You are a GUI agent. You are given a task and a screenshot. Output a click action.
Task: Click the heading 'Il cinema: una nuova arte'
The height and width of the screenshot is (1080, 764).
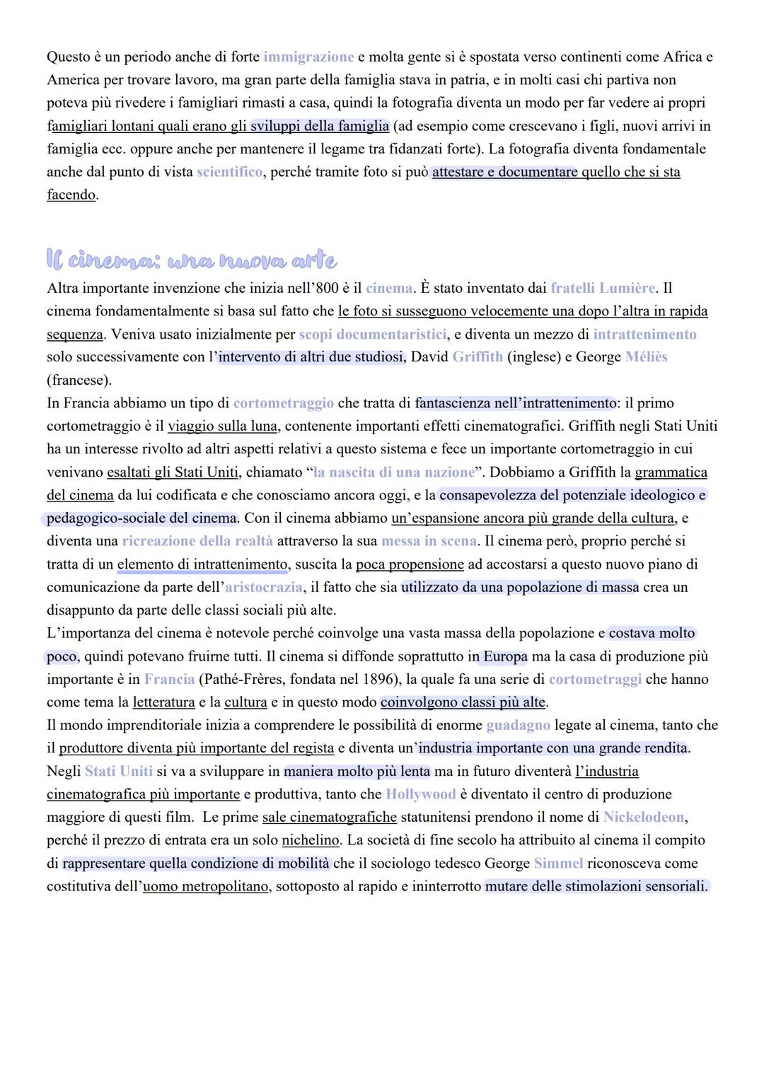pos(191,260)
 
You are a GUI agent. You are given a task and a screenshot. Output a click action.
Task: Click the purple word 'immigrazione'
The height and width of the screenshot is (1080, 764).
pos(308,57)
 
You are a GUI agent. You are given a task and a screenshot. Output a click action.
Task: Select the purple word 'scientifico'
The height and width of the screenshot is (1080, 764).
pos(229,172)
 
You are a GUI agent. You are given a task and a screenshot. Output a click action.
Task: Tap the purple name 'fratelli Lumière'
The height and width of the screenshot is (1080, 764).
pos(603,288)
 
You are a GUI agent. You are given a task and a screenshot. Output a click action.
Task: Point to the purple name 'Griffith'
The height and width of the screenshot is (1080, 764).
pos(477,357)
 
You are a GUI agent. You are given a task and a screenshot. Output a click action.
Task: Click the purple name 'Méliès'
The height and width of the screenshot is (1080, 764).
pos(646,357)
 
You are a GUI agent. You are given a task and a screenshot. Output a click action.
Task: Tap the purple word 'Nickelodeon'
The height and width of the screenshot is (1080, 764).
pos(644,818)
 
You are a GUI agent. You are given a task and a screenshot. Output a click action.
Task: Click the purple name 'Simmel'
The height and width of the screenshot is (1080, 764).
pos(558,864)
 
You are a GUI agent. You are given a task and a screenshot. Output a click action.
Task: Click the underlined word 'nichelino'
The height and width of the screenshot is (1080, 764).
pos(310,840)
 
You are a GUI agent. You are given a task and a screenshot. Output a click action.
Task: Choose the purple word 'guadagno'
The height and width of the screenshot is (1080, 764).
pos(518,726)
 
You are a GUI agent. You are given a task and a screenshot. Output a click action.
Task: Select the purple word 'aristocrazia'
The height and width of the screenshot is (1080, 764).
pos(263,588)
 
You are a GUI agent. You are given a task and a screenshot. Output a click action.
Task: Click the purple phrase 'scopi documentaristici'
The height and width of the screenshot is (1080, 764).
pos(372,334)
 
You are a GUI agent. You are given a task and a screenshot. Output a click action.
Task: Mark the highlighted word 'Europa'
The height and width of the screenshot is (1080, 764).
pos(505,656)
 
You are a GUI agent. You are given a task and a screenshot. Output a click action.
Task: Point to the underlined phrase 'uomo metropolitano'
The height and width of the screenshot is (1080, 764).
pos(205,887)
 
